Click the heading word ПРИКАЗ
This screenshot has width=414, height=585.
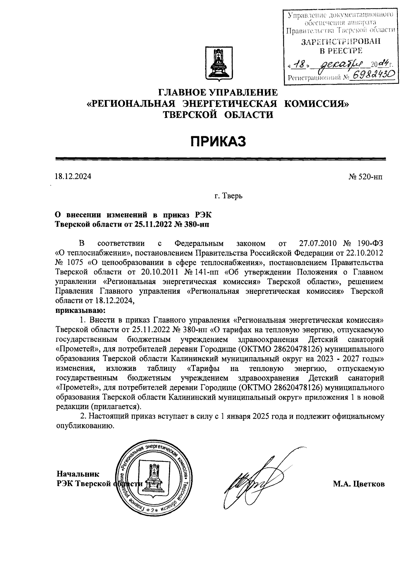[x=219, y=141]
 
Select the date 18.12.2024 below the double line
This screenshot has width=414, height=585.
[x=73, y=177]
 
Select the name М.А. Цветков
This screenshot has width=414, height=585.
[x=358, y=484]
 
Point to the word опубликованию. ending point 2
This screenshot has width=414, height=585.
[x=85, y=425]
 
